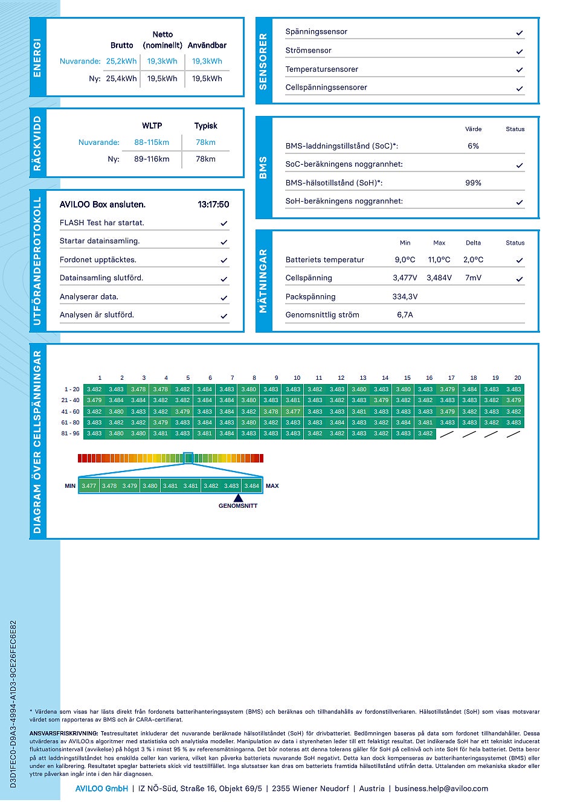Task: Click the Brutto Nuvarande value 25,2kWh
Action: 121,62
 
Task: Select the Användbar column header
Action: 207,45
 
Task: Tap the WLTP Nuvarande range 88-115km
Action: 152,142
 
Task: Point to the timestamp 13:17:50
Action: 213,204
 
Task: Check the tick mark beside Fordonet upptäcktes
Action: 224,260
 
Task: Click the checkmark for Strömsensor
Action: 520,52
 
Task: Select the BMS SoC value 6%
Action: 473,146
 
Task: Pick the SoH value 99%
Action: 473,183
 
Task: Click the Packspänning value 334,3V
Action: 405,296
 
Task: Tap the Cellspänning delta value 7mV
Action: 473,278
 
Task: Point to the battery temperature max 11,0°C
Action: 439,260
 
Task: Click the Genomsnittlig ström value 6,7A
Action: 405,315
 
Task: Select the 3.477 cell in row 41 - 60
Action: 293,412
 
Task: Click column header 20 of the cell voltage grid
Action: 517,378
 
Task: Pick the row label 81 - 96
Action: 70,433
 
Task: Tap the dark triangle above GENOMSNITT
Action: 238,498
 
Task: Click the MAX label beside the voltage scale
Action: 272,486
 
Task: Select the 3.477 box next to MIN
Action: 89,486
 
